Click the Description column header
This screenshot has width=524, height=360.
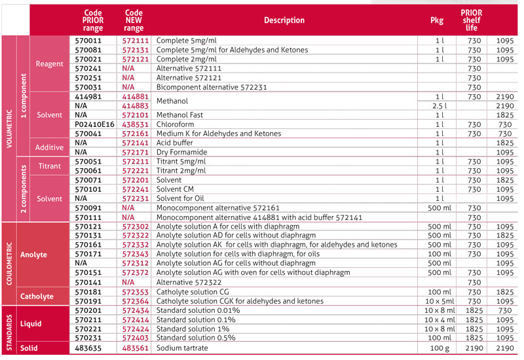(284, 20)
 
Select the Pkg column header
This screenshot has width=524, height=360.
(437, 20)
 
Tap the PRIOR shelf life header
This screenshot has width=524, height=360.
(472, 20)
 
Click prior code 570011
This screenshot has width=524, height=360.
(88, 41)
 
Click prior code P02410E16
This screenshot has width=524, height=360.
(94, 124)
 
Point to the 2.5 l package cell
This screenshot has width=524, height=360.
(439, 105)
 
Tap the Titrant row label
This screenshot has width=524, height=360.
(50, 166)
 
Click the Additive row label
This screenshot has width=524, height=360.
(50, 147)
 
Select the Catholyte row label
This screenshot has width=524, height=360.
(38, 297)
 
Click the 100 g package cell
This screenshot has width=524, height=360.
(439, 348)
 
